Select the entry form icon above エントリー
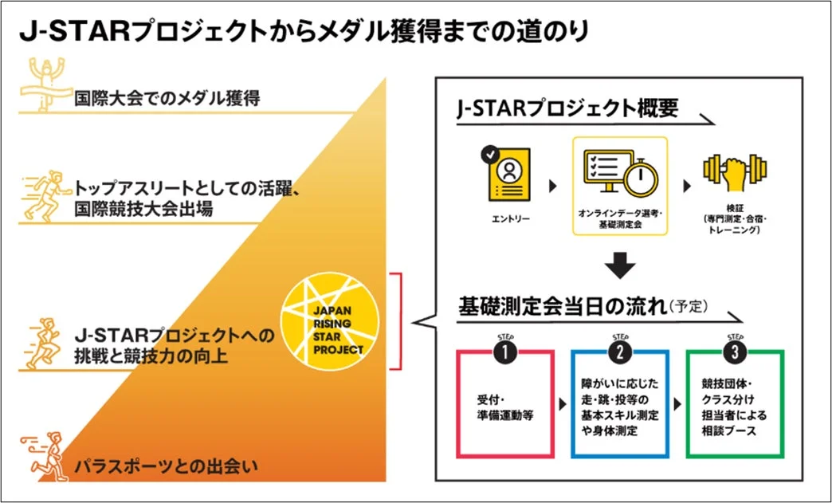point(506,173)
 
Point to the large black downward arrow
point(619,265)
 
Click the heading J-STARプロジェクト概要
point(568,109)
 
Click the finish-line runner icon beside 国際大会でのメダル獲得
point(45,84)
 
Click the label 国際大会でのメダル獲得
point(167,100)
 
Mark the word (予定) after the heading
point(689,306)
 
